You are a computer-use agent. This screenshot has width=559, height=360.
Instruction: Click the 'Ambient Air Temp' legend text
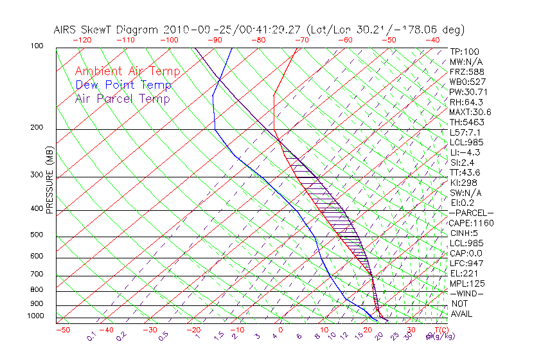point(127,71)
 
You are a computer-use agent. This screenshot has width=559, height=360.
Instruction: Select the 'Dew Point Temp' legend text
point(123,85)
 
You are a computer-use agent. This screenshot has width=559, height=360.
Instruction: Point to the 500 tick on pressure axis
point(37,235)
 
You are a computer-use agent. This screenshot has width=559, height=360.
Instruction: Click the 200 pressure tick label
point(37,128)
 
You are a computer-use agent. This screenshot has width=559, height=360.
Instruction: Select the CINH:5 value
point(464,233)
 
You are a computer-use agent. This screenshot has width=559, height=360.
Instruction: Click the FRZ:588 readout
point(466,71)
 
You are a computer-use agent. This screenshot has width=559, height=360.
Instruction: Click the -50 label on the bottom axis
point(62,330)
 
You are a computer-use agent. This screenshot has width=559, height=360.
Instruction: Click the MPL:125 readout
point(467,283)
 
